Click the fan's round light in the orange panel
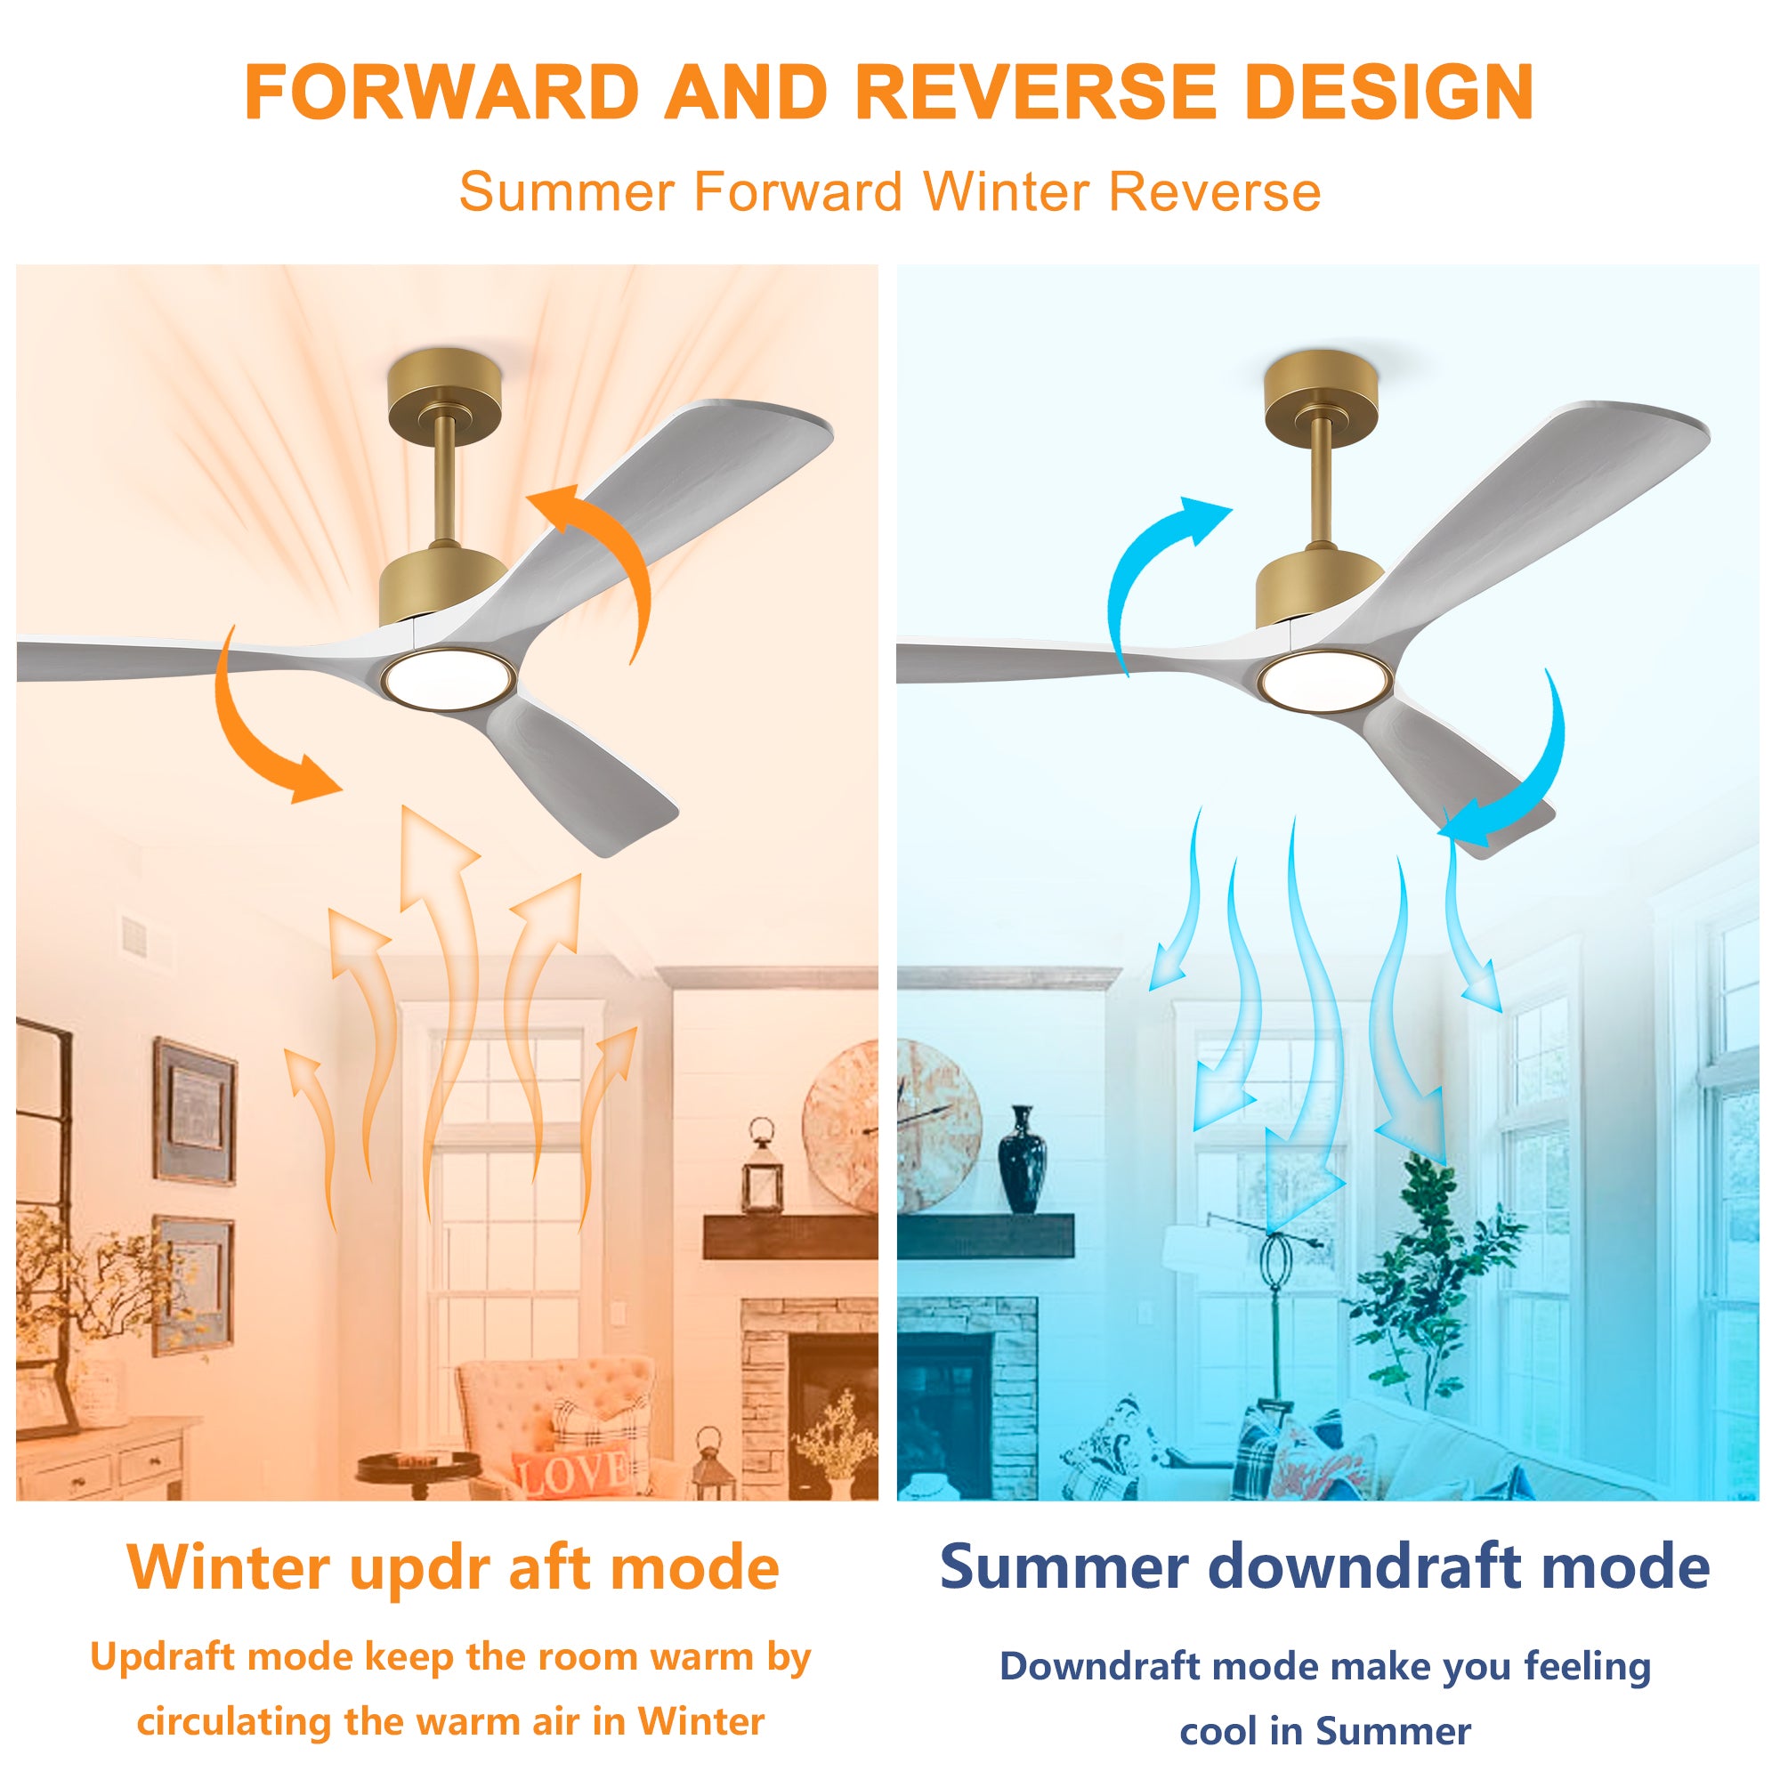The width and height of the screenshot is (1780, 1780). click(449, 679)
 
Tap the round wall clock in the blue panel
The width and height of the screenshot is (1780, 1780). click(934, 1127)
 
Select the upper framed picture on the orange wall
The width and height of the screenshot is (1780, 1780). click(194, 1111)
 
